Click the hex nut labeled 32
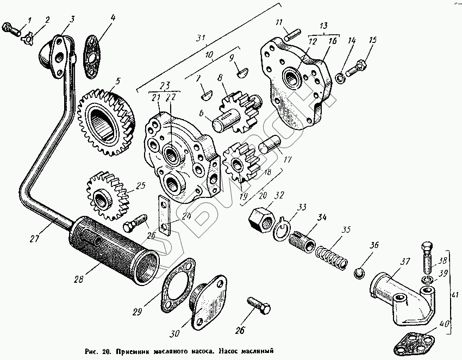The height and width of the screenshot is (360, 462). pos(261,218)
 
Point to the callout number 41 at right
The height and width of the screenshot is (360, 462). pos(453,294)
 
